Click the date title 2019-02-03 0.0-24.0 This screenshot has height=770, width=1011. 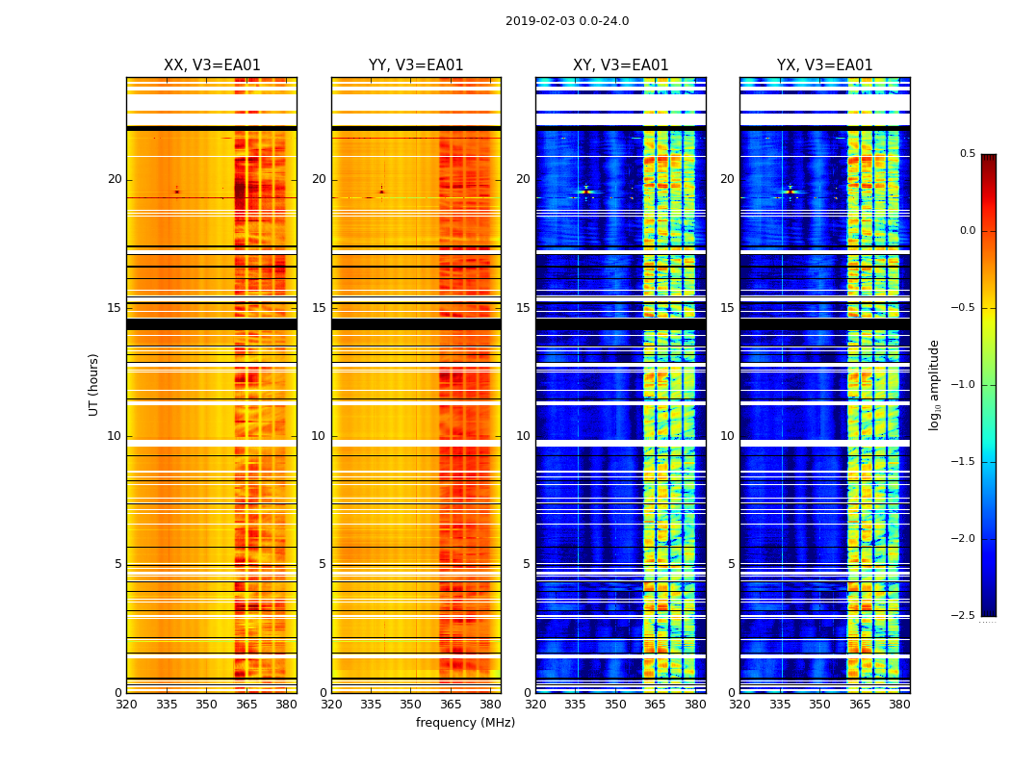[567, 21]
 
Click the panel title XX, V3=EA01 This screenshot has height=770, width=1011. [212, 65]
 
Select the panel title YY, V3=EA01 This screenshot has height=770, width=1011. [416, 65]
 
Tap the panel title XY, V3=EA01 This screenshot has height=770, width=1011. [620, 65]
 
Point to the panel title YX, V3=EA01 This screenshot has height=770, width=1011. [824, 65]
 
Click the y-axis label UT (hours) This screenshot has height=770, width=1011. [93, 384]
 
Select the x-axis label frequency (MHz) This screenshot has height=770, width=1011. [465, 723]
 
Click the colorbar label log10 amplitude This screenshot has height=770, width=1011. [934, 384]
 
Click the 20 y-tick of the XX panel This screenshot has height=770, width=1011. [115, 179]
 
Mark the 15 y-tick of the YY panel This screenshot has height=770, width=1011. [320, 308]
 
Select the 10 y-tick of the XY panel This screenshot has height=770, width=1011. [524, 436]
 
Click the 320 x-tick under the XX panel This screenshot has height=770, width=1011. [126, 705]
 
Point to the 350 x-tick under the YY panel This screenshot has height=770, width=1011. [411, 705]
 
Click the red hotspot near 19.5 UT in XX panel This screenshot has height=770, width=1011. [176, 192]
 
